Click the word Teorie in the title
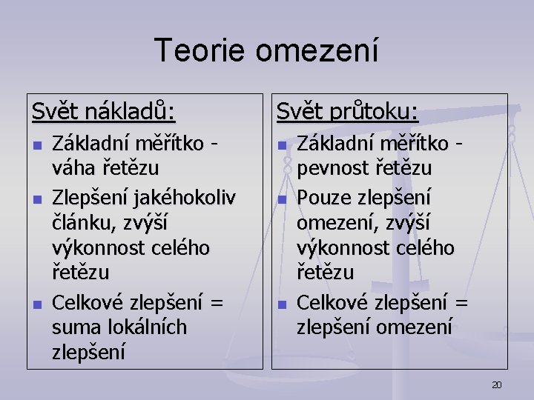(x=201, y=50)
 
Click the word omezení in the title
(x=317, y=50)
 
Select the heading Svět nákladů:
(x=104, y=112)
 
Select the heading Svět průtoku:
(x=347, y=112)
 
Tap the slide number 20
(x=497, y=384)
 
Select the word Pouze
(x=323, y=199)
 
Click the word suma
(x=72, y=327)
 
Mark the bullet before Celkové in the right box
(x=282, y=303)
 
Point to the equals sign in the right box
(x=461, y=302)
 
